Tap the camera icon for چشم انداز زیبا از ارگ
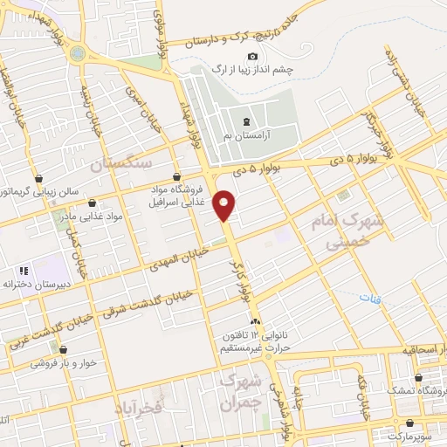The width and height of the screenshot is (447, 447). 253,57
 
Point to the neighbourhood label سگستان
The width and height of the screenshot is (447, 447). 127,163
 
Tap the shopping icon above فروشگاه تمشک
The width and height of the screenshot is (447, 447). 420,378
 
